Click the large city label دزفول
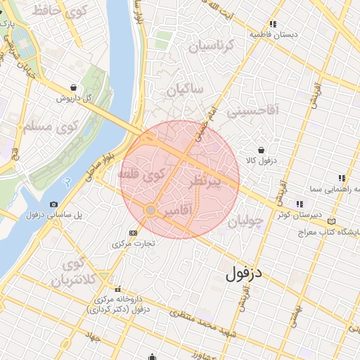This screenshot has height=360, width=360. tap(244, 274)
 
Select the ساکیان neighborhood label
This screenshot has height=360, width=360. tap(185, 90)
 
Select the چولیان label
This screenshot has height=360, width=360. tap(245, 221)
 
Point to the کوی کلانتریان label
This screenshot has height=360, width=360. tap(72, 273)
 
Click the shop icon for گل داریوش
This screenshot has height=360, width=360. tap(73, 88)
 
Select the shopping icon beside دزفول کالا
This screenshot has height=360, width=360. tap(262, 150)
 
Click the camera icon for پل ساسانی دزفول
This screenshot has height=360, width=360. tap(54, 204)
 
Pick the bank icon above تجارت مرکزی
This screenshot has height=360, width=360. tap(133, 233)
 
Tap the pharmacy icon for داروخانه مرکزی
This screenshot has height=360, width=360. tap(117, 289)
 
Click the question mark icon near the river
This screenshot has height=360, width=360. tap(67, 181)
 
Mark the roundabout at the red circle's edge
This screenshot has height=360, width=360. tap(150, 210)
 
